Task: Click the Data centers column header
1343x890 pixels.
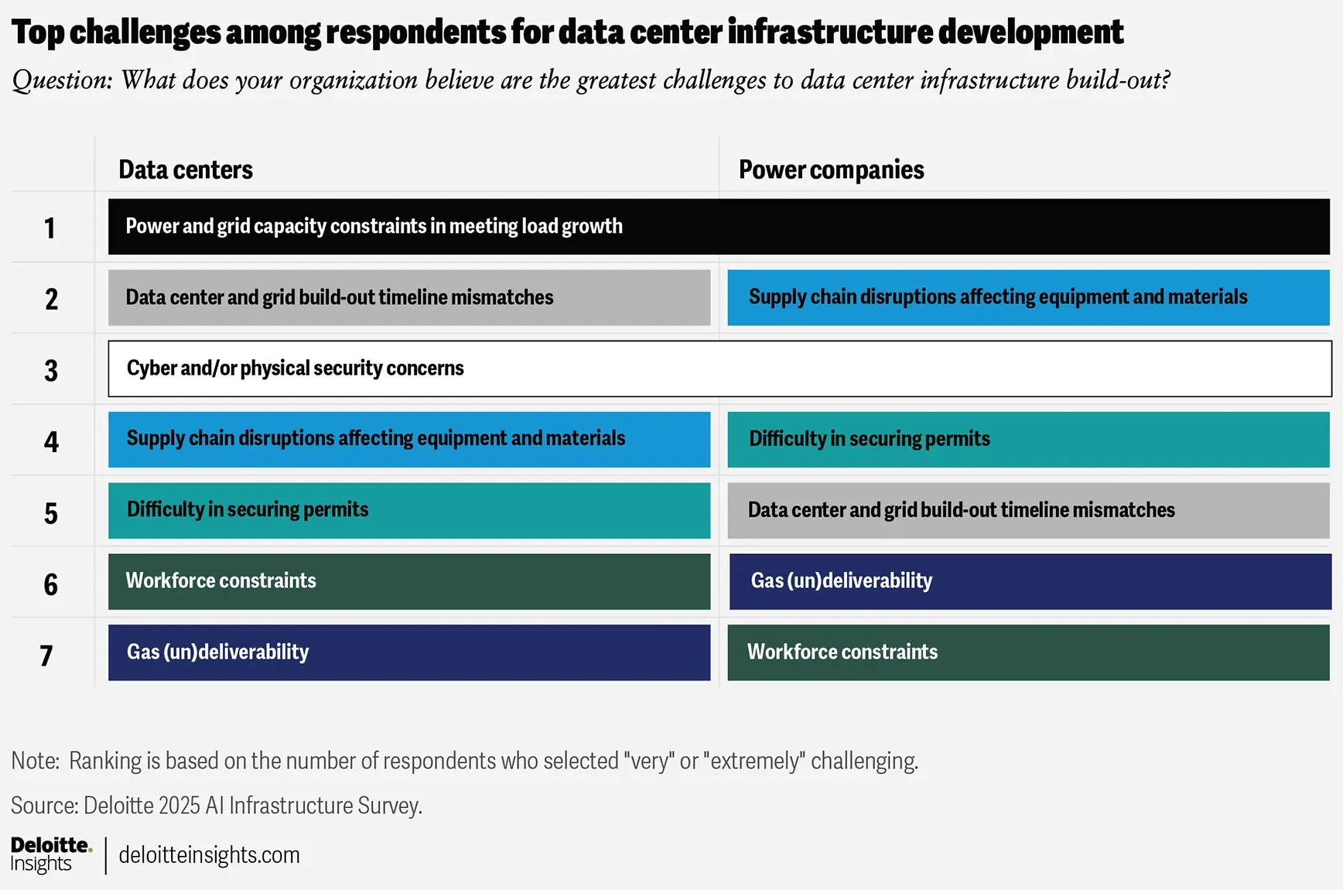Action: point(186,169)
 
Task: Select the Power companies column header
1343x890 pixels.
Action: point(831,169)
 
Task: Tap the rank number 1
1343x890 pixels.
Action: point(50,228)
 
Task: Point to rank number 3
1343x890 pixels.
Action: point(51,371)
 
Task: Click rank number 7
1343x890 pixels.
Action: point(46,656)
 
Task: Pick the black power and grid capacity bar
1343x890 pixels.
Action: point(718,227)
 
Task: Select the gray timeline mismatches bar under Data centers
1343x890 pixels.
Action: point(408,297)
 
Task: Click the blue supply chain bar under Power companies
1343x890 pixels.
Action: point(1027,297)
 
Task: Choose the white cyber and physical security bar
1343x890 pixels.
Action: point(719,368)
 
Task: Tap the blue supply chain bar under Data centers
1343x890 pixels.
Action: point(408,439)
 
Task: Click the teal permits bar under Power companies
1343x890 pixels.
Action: point(1027,439)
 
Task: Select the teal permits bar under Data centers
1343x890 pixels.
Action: point(408,510)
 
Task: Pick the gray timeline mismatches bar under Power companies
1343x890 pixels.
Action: point(1027,510)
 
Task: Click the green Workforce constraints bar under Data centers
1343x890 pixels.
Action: point(408,581)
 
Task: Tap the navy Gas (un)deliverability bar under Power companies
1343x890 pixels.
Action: point(1029,581)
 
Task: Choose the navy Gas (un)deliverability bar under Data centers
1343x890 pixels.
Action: point(408,652)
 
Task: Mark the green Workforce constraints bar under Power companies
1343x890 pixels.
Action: point(1027,652)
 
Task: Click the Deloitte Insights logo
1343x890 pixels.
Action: point(51,854)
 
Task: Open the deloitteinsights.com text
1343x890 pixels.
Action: point(209,855)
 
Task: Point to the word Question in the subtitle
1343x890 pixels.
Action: point(62,80)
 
